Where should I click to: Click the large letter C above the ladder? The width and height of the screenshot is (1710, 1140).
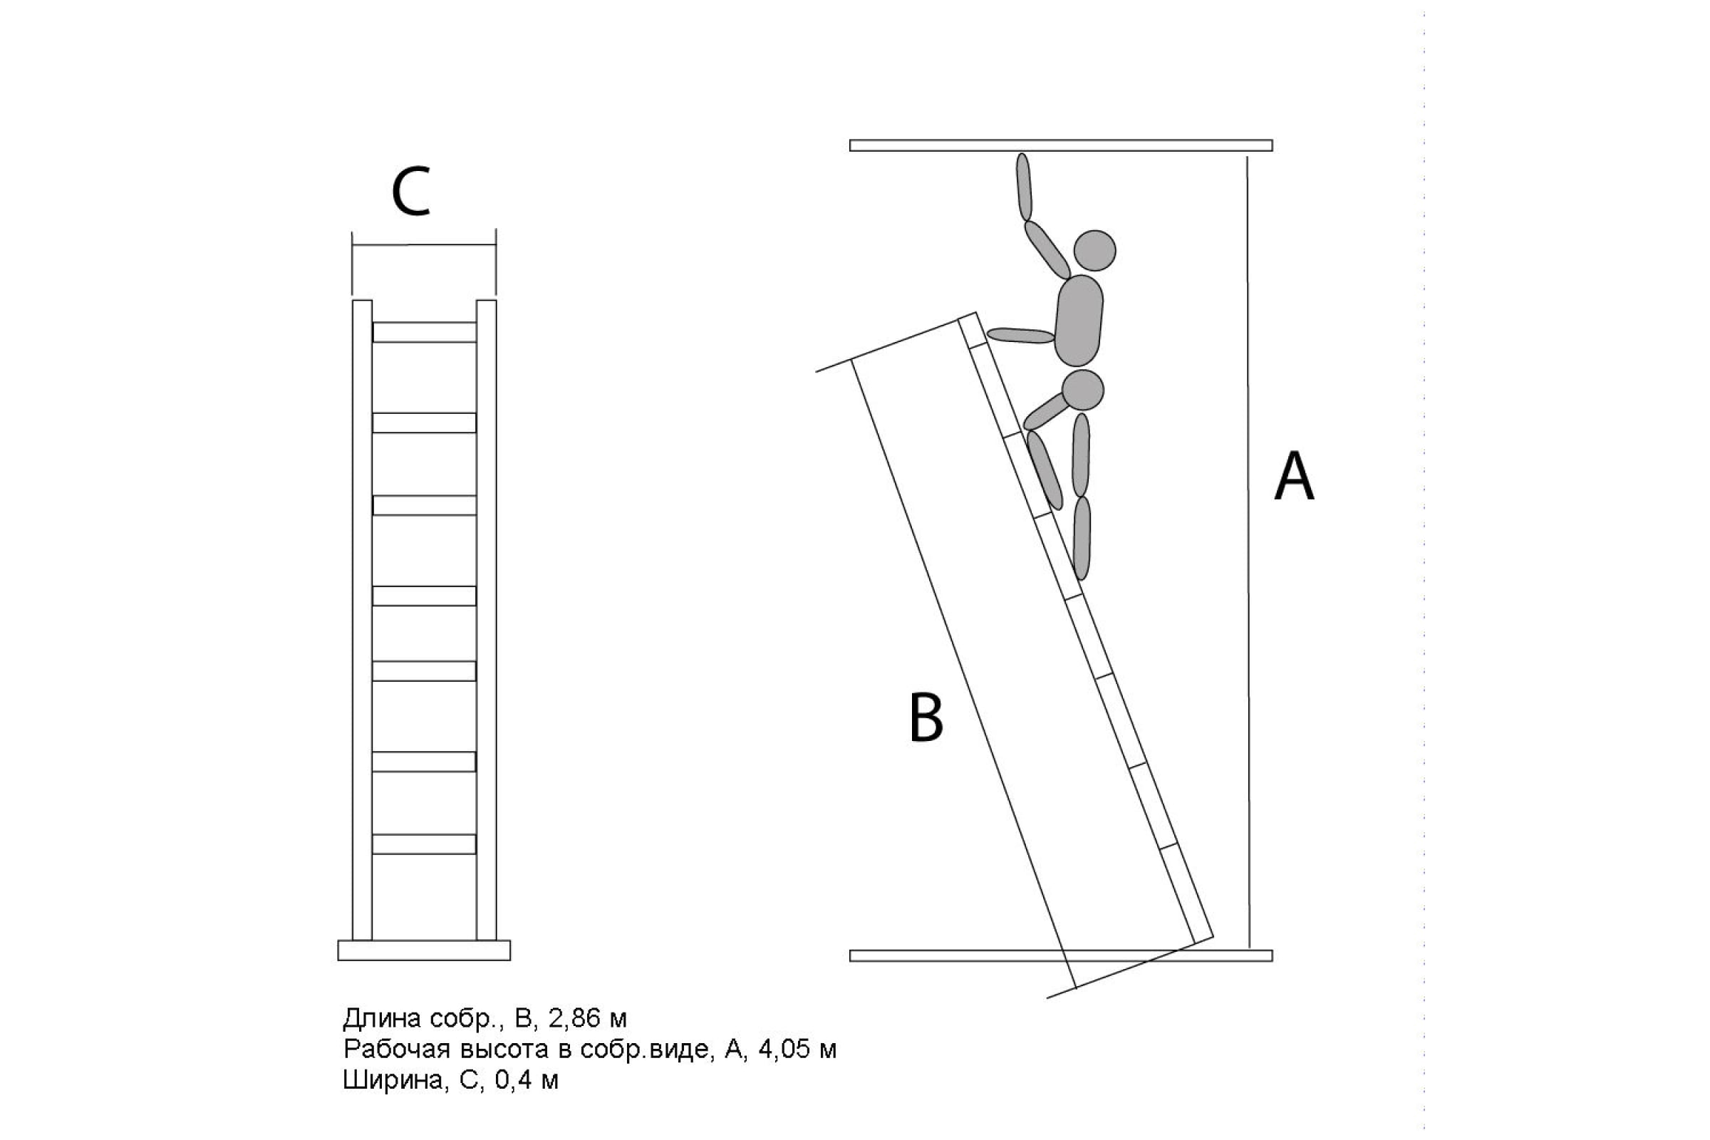coord(411,192)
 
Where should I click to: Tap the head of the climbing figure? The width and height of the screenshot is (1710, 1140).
coord(1094,250)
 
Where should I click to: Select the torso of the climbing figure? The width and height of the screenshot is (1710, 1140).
coord(1078,320)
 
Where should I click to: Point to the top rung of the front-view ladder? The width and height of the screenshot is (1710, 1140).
coord(424,332)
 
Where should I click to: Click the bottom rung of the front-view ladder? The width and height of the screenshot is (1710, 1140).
coord(424,844)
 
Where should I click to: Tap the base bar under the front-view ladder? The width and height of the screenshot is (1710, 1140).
coord(424,950)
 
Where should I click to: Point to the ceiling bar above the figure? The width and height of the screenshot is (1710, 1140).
coord(1061,145)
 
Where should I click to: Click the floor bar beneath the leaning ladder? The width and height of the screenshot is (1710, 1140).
coord(1061,955)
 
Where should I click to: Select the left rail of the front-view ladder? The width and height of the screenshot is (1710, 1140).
coord(362,619)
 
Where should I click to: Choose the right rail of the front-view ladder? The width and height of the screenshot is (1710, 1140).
coord(487,619)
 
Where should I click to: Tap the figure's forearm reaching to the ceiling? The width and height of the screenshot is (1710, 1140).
coord(1024,187)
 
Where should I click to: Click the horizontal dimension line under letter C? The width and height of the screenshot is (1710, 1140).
coord(424,244)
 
